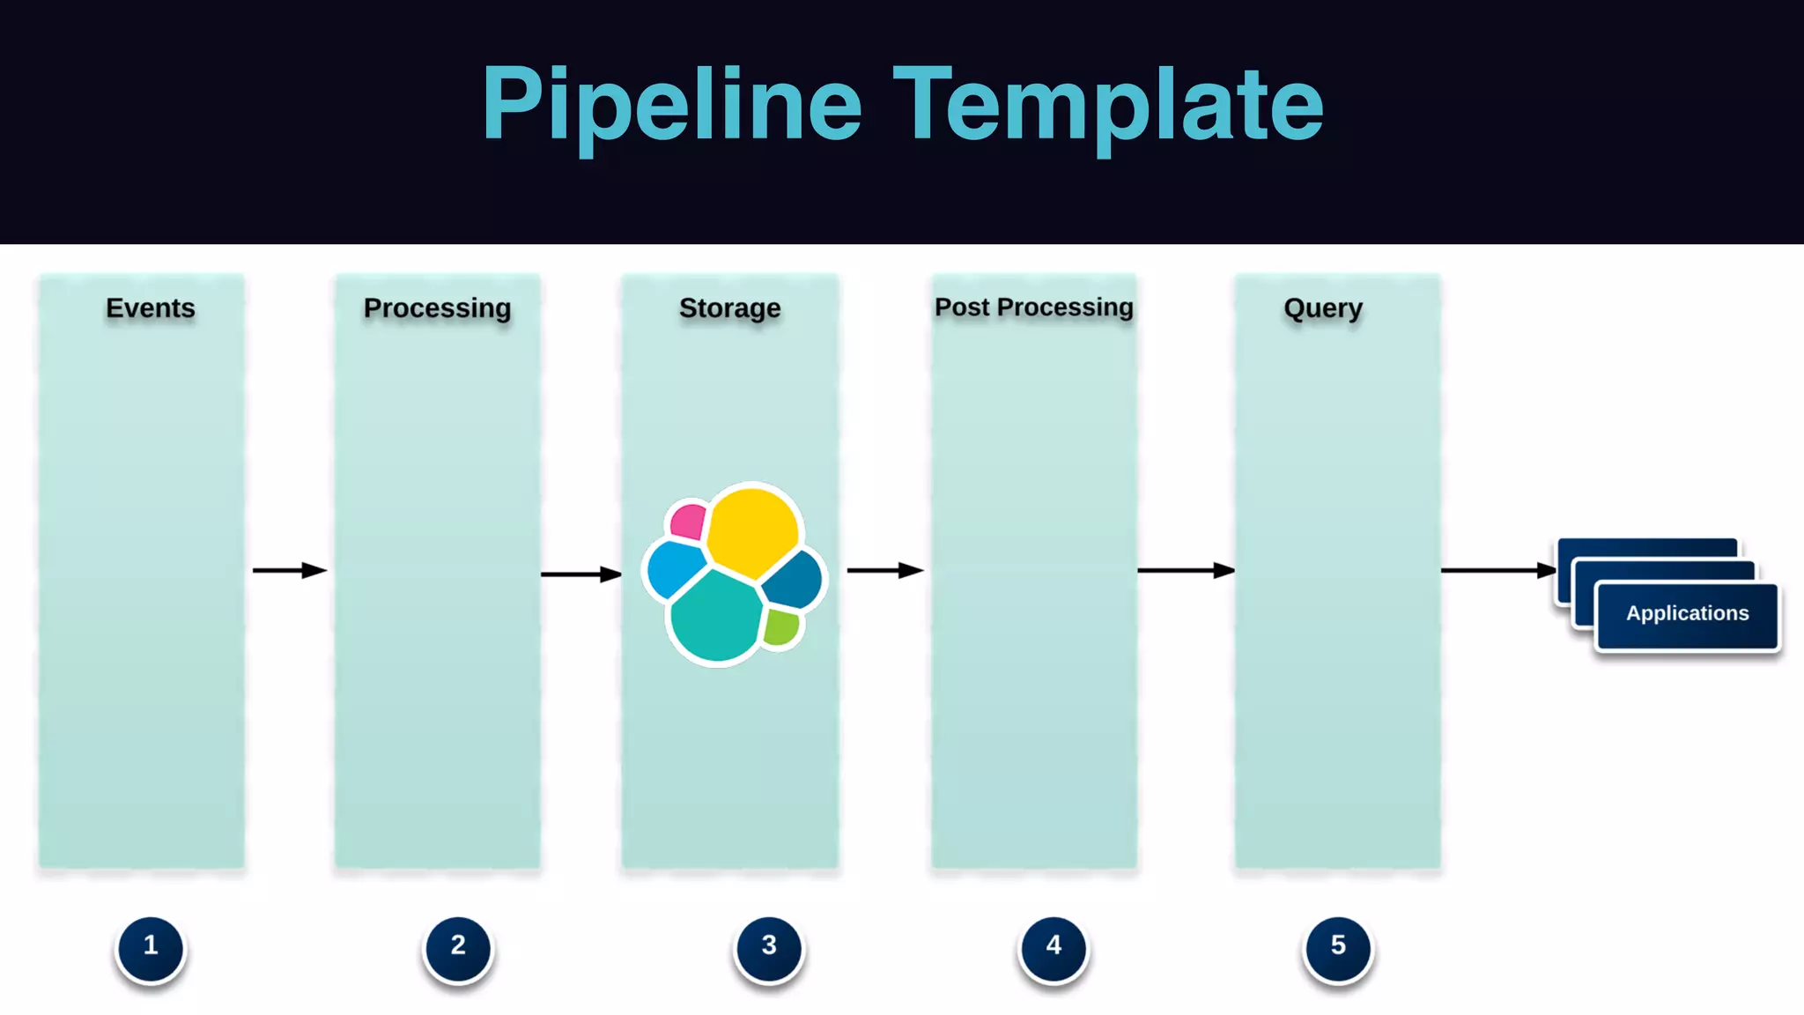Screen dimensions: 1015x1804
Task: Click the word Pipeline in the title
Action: pos(671,106)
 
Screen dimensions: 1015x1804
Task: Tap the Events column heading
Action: pos(151,308)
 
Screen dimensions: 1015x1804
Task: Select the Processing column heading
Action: pos(437,308)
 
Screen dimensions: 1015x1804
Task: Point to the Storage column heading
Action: pos(729,308)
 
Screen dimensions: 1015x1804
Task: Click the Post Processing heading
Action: pos(1033,307)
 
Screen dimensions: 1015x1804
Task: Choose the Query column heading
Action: pos(1322,308)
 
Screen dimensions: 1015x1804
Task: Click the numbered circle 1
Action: pos(151,947)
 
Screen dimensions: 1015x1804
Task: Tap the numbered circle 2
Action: pos(458,947)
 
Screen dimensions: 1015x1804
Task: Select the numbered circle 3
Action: pos(769,947)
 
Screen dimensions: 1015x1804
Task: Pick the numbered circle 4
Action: pos(1054,947)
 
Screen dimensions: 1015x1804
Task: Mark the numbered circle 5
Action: pos(1338,947)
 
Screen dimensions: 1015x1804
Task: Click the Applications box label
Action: pos(1687,614)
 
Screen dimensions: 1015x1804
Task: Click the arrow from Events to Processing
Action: pos(290,571)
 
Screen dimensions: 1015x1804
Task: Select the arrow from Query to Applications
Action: pos(1497,571)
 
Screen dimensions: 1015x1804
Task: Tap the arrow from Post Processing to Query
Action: pos(1186,571)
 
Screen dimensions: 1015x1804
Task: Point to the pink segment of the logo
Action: pos(688,521)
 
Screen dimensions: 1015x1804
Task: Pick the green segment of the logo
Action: pos(781,626)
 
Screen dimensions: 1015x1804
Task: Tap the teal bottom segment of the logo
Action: pos(714,618)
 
